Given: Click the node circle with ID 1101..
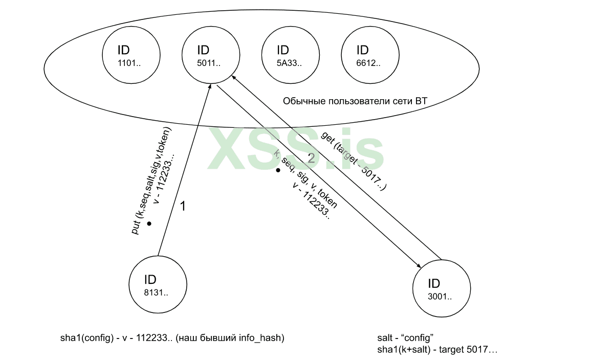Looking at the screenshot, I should [131, 55].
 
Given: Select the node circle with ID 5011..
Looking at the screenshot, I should [211, 55].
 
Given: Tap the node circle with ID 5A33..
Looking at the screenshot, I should [290, 55].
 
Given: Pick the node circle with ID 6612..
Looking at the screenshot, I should [370, 55].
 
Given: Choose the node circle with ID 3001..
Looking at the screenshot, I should [441, 289].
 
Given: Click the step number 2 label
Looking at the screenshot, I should [312, 158].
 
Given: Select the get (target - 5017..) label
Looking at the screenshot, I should [354, 161].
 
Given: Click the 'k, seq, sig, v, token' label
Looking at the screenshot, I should [305, 179].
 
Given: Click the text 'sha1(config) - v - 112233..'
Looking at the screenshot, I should [116, 338].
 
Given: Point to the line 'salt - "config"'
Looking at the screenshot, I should [405, 339].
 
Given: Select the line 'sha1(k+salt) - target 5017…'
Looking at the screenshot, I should [437, 350].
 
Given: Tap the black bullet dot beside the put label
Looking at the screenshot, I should [149, 224].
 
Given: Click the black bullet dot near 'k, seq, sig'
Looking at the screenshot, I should [278, 170].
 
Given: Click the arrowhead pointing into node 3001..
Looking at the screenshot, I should [419, 265].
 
